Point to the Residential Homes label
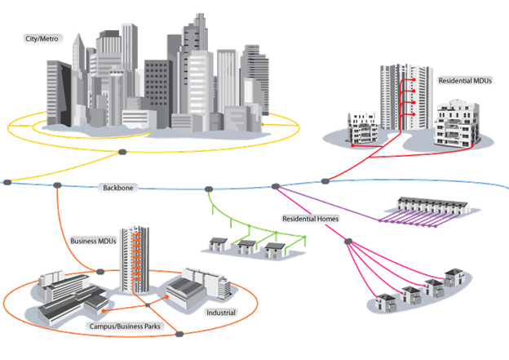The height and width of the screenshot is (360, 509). (x=311, y=219)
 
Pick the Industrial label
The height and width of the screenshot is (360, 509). (x=220, y=312)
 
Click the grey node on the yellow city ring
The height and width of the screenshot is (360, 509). (x=122, y=152)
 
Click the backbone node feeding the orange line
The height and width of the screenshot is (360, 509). (x=57, y=185)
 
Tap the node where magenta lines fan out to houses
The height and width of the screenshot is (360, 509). (x=348, y=241)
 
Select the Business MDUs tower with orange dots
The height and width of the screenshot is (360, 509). (x=133, y=259)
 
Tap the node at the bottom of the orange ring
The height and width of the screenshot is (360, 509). (x=180, y=332)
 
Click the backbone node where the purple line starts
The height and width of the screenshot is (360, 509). (x=276, y=187)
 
